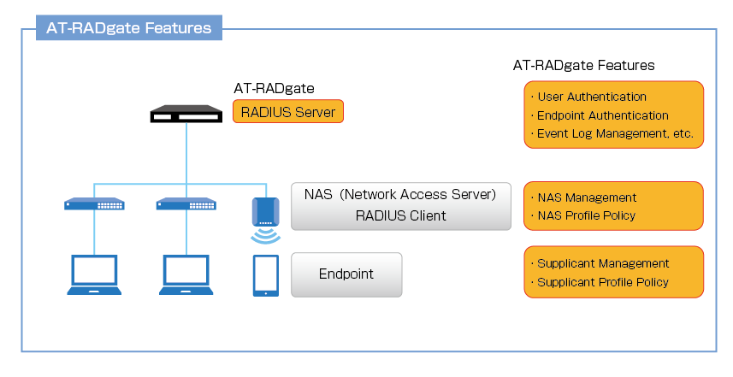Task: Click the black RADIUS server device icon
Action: (x=185, y=115)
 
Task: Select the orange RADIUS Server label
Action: (x=288, y=111)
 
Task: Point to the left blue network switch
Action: (x=94, y=204)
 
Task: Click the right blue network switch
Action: (x=186, y=204)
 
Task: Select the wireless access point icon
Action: (x=264, y=210)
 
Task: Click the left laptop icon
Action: (x=94, y=274)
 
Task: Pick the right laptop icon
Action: (x=186, y=274)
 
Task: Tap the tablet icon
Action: (x=265, y=274)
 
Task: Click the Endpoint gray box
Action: (x=346, y=274)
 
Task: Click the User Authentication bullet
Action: (x=591, y=97)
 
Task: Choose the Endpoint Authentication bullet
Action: (x=602, y=115)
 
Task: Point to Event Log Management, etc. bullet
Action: (x=614, y=133)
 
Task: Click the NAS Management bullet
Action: (x=586, y=197)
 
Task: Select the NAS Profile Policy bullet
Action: (x=586, y=215)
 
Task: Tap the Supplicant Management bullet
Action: (x=602, y=263)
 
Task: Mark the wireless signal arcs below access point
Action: (x=265, y=234)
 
